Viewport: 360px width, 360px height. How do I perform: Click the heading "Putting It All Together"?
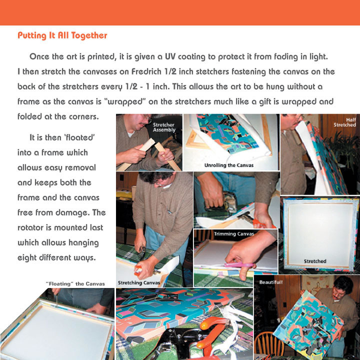[x=62, y=35]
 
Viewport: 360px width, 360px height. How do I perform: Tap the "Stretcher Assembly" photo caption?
[x=164, y=127]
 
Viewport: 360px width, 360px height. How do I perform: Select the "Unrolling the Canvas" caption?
[x=229, y=165]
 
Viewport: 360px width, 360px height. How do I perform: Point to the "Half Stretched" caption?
[x=344, y=122]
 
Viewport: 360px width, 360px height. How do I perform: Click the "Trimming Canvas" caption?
[x=233, y=234]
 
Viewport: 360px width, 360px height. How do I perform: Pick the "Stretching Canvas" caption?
[x=139, y=283]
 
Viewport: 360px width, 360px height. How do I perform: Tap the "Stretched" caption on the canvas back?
[x=315, y=261]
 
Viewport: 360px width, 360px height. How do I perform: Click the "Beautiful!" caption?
[x=271, y=282]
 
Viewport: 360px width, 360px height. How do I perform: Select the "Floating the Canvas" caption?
[x=75, y=284]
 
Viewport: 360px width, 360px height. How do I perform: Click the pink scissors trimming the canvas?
[x=240, y=265]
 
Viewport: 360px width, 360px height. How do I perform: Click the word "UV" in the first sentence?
[x=170, y=56]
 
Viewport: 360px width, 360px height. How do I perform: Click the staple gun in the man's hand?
[x=224, y=202]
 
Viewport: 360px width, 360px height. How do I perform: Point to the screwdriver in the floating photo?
[x=56, y=300]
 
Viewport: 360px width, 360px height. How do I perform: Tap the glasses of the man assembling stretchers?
[x=146, y=118]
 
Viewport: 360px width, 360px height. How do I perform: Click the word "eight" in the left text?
[x=27, y=258]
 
